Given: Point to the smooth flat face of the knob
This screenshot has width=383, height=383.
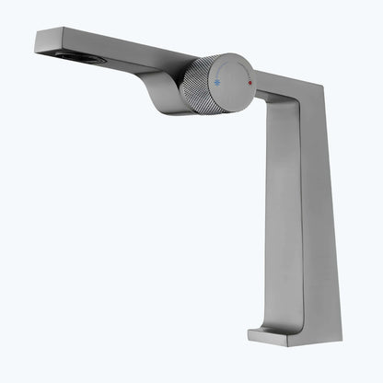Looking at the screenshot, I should coord(232,82).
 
